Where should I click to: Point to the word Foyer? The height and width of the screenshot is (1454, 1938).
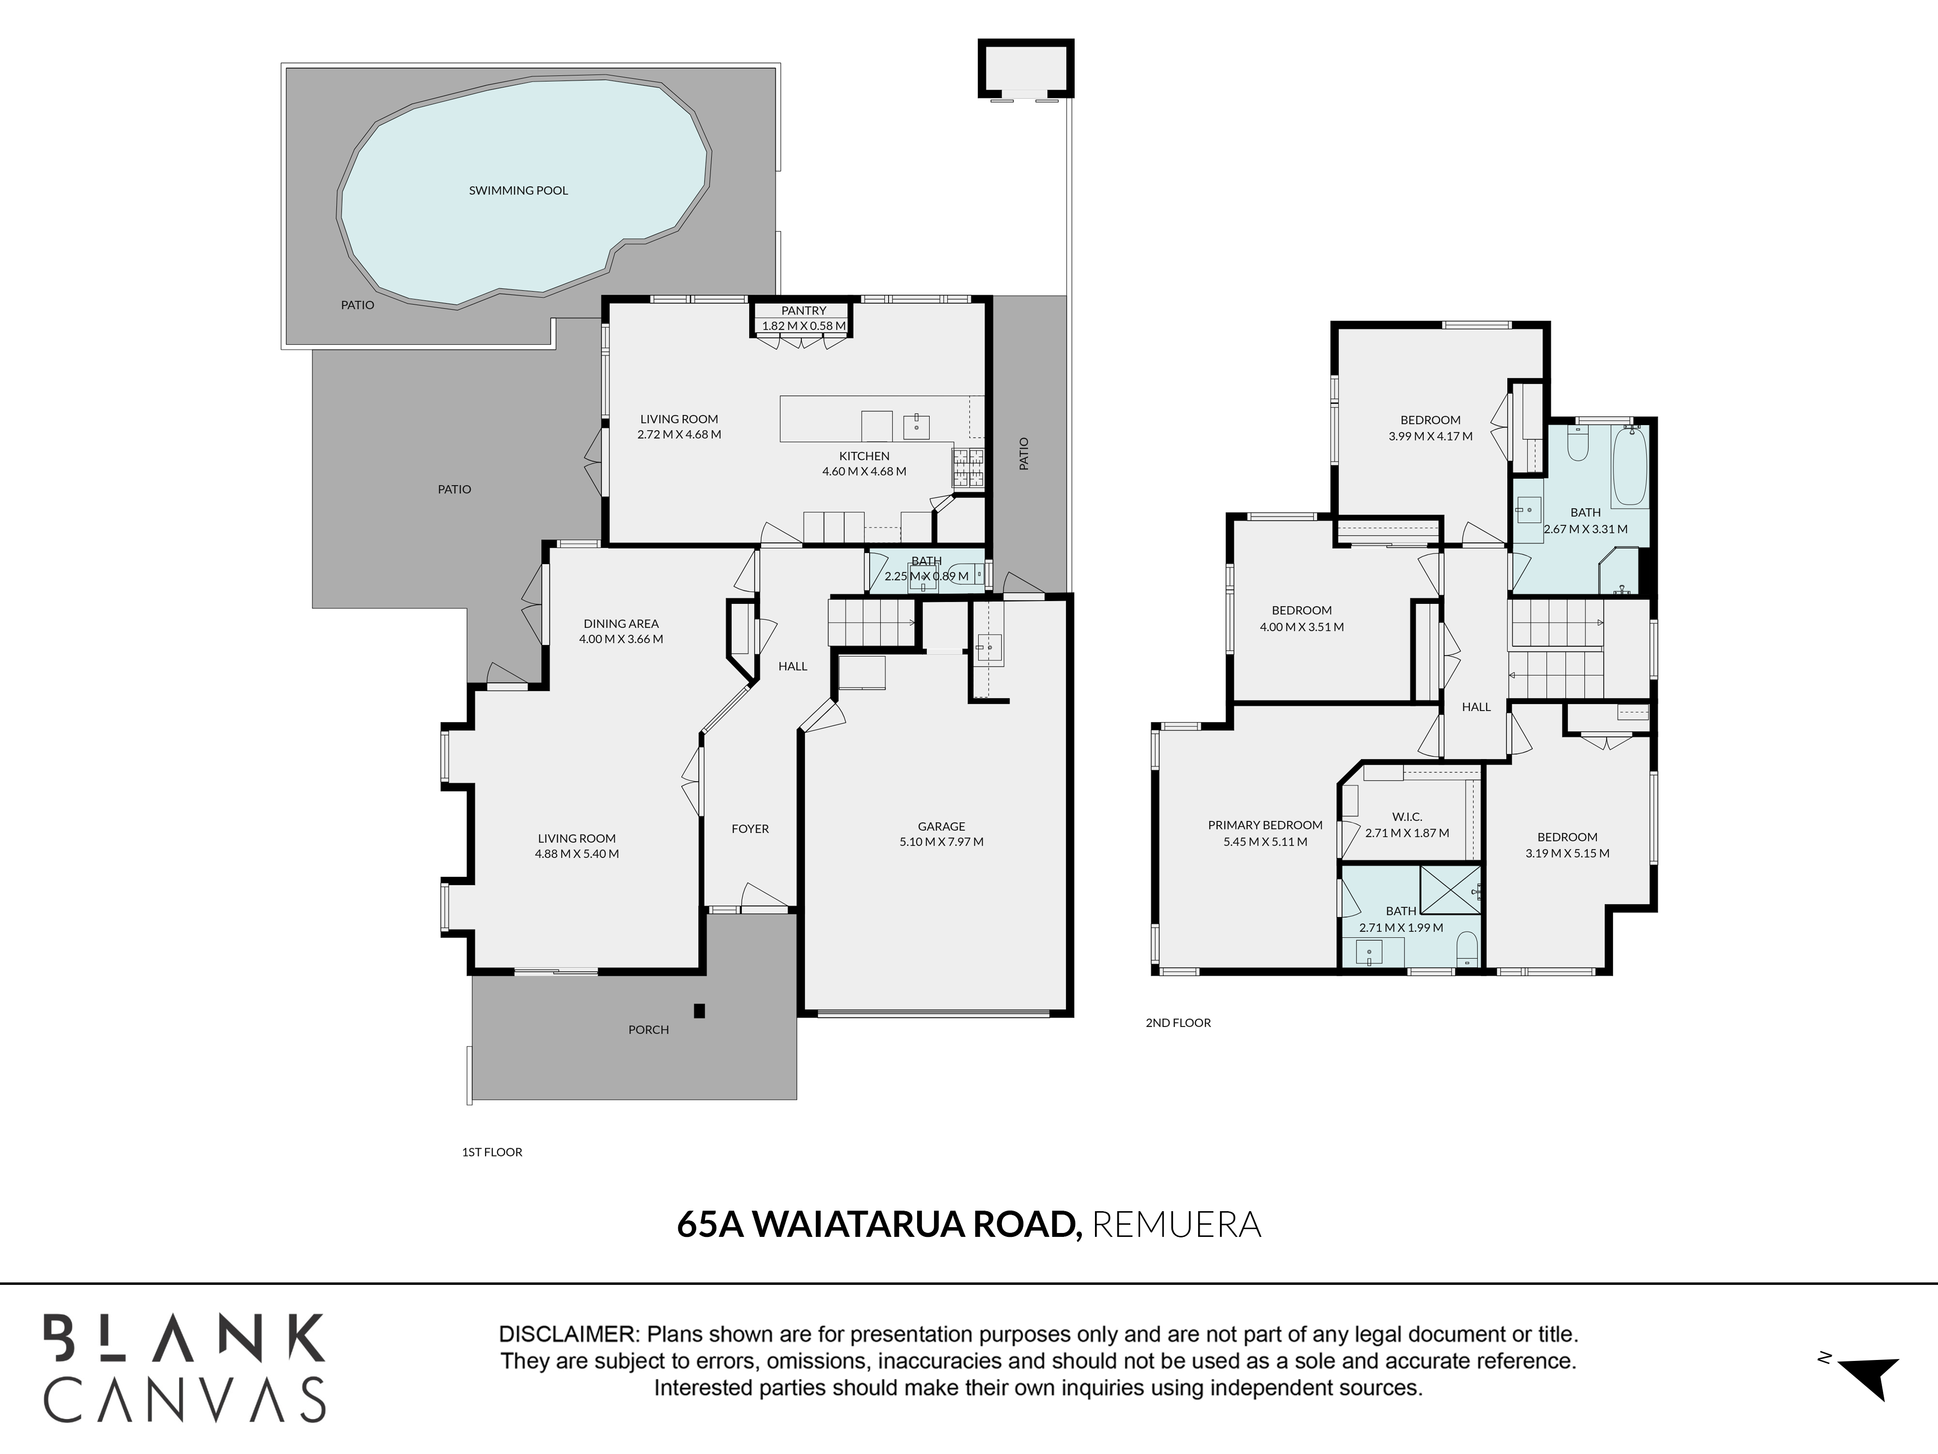coord(750,828)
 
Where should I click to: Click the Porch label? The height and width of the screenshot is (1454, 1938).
coord(648,1030)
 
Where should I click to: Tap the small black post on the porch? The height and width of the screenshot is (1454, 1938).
coord(699,1011)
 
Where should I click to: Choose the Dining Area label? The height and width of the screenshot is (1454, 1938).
coord(621,624)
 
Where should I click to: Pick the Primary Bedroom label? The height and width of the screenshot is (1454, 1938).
coord(1265,825)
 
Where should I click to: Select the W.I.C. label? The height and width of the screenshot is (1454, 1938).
coord(1407,817)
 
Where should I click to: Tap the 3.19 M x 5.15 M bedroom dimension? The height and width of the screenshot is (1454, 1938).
coord(1567,853)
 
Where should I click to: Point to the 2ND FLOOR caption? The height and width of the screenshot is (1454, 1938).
coord(1178,1023)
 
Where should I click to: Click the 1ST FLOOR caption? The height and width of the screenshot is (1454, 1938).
coord(492,1153)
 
